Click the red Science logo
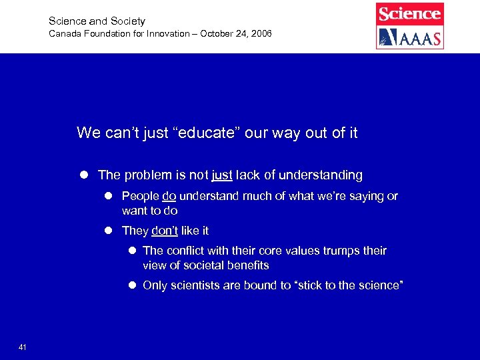point(409,13)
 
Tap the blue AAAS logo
point(409,37)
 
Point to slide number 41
point(23,347)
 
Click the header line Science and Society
point(97,21)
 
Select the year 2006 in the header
point(261,33)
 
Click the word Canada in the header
point(65,33)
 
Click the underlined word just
point(222,175)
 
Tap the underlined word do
point(169,196)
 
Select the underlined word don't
point(165,231)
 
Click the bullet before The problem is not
point(85,175)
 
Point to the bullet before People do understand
point(109,196)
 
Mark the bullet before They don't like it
point(109,231)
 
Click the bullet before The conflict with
point(132,251)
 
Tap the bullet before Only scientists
point(132,285)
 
